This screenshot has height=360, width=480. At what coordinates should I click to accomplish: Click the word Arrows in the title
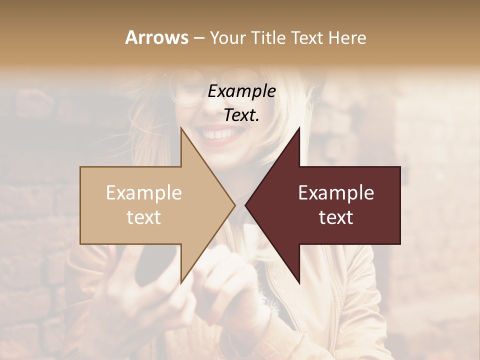[156, 37]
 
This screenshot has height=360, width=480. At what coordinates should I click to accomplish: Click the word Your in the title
[227, 37]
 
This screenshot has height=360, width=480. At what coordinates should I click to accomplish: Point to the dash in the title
[198, 38]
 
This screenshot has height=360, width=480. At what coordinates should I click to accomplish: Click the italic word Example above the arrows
[242, 91]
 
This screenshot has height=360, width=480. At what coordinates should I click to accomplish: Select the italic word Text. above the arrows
[242, 115]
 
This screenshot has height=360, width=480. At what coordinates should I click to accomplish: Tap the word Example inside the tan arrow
[144, 193]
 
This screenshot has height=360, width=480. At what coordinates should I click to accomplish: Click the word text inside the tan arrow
[144, 217]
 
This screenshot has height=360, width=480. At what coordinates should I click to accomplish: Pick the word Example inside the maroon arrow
[336, 193]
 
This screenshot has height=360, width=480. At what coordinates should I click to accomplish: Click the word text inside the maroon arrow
[336, 217]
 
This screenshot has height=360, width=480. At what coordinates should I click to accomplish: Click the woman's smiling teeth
[218, 134]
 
